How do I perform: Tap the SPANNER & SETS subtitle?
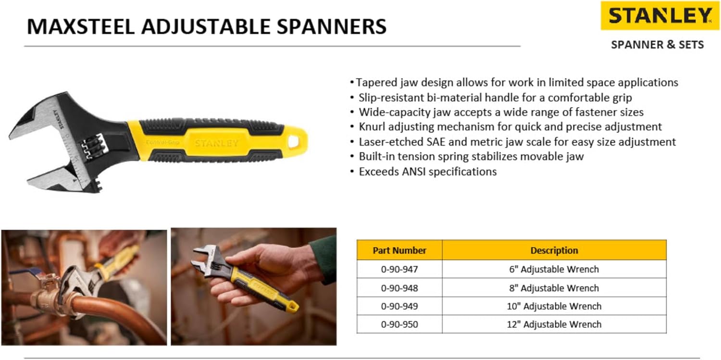tap(657, 45)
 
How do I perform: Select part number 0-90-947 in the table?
tap(399, 270)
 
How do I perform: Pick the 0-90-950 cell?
tap(399, 324)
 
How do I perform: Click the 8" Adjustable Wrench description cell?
tap(554, 288)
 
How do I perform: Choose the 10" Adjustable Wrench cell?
tap(554, 306)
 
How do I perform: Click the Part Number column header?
tap(399, 250)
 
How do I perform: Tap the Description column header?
tap(554, 250)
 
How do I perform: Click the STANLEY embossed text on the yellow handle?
tap(216, 143)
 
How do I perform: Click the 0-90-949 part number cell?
tap(399, 306)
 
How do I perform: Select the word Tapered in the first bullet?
tap(376, 83)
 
